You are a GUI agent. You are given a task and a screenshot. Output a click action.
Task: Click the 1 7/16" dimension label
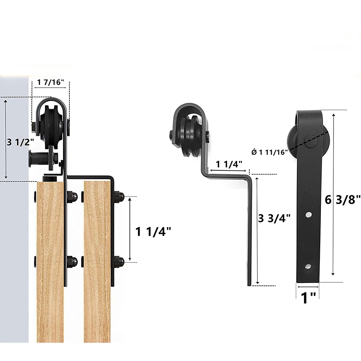coord(51,82)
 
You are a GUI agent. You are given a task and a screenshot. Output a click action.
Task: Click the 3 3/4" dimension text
coord(275,219)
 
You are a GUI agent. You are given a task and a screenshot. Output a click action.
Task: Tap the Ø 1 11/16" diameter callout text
coord(270,152)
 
